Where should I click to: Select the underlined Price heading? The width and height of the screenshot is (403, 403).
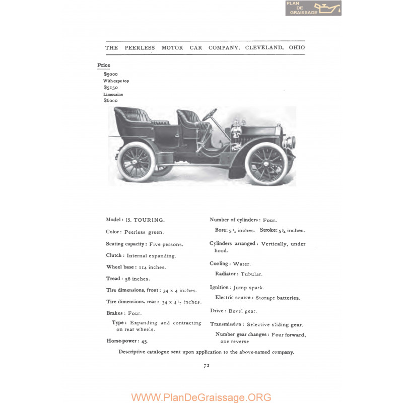coord(104,65)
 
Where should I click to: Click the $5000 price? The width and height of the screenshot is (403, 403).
coord(111,74)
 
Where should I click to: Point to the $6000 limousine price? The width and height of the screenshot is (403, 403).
coord(111,100)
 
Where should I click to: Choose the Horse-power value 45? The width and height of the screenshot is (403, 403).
coord(144,341)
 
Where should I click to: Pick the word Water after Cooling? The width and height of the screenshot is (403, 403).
coord(242,264)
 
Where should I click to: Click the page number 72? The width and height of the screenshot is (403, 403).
coord(207,366)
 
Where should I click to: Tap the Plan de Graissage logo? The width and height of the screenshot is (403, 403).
coord(313,8)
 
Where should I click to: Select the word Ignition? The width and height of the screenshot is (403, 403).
coord(220,287)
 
